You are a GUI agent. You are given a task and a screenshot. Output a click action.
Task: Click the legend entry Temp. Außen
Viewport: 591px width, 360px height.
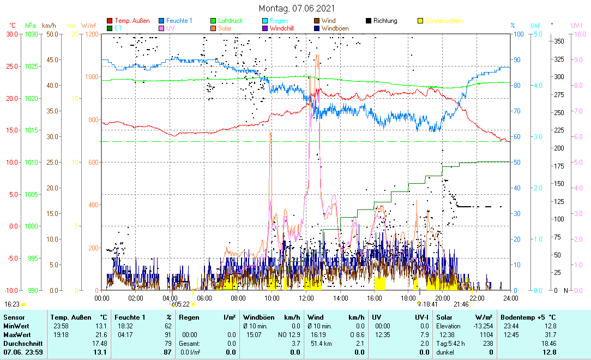pyautogui.click(x=132, y=21)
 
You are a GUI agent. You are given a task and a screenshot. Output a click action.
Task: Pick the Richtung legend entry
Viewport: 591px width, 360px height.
pyautogui.click(x=385, y=21)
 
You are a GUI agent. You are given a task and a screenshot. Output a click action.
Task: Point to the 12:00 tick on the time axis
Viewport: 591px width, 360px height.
pyautogui.click(x=306, y=298)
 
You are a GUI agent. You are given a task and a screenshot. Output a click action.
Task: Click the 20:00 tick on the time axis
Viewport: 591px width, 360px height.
pyautogui.click(x=443, y=298)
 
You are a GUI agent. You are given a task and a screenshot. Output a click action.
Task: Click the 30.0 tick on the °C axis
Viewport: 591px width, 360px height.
pyautogui.click(x=13, y=34)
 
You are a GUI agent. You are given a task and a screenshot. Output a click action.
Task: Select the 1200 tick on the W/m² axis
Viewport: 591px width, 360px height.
pyautogui.click(x=92, y=34)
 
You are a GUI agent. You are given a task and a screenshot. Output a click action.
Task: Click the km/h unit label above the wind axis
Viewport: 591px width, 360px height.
pyautogui.click(x=49, y=26)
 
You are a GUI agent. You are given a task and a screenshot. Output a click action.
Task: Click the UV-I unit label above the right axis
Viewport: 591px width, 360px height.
pyautogui.click(x=577, y=26)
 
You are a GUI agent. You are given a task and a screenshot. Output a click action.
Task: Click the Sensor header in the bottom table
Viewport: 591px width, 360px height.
pyautogui.click(x=14, y=317)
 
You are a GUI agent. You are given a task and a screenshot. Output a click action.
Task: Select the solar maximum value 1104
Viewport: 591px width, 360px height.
pyautogui.click(x=485, y=334)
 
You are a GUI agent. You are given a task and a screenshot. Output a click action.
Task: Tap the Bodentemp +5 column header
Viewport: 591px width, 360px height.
pyautogui.click(x=528, y=317)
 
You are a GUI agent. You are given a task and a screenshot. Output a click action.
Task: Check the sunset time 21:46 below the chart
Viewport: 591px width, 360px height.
pyautogui.click(x=461, y=304)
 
